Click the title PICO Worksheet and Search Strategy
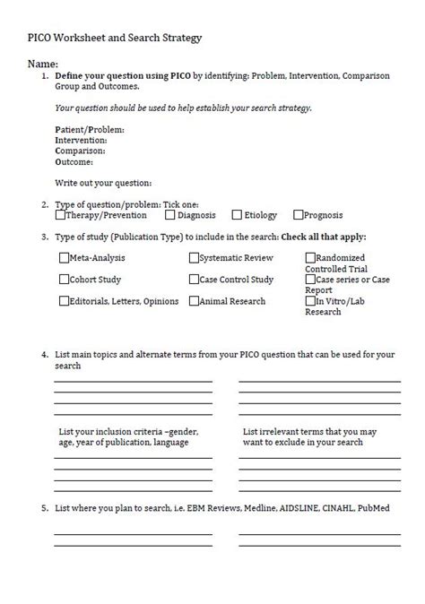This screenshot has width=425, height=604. click(113, 38)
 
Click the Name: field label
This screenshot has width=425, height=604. click(42, 65)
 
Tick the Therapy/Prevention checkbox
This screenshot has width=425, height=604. click(60, 215)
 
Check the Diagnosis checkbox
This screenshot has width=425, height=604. click(169, 215)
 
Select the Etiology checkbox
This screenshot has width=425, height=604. click(237, 215)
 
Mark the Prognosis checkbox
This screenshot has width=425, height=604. click(299, 215)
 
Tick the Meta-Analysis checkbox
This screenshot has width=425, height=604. click(64, 258)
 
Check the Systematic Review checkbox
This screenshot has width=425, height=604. click(194, 258)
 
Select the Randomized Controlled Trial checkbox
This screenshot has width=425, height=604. click(310, 258)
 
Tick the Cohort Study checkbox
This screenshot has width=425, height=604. click(64, 280)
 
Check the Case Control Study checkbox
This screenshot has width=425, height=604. click(194, 280)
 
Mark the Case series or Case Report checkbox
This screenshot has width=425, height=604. click(310, 280)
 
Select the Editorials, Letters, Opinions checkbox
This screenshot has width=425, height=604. click(64, 301)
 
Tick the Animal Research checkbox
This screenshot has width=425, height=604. click(194, 301)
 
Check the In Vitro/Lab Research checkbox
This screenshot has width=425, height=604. click(310, 301)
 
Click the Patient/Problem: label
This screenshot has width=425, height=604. click(90, 130)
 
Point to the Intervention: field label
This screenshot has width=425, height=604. click(81, 141)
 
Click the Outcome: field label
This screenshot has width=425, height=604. click(74, 162)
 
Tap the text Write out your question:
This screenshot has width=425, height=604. click(103, 183)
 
